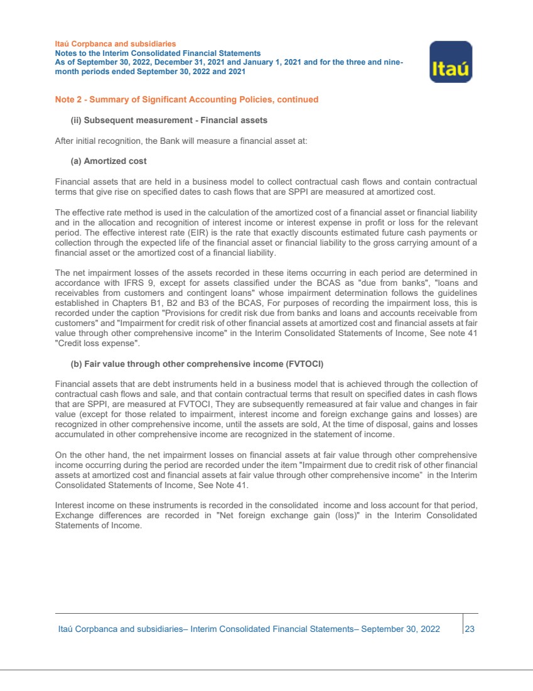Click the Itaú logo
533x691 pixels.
pyautogui.click(x=450, y=62)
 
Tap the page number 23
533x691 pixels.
pyautogui.click(x=470, y=629)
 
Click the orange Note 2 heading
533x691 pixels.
pyautogui.click(x=186, y=99)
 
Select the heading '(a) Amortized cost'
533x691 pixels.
pyautogui.click(x=109, y=161)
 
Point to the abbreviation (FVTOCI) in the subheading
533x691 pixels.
pyautogui.click(x=303, y=365)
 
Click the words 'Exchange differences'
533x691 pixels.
pyautogui.click(x=96, y=516)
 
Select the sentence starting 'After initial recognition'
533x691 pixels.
pyautogui.click(x=181, y=141)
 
